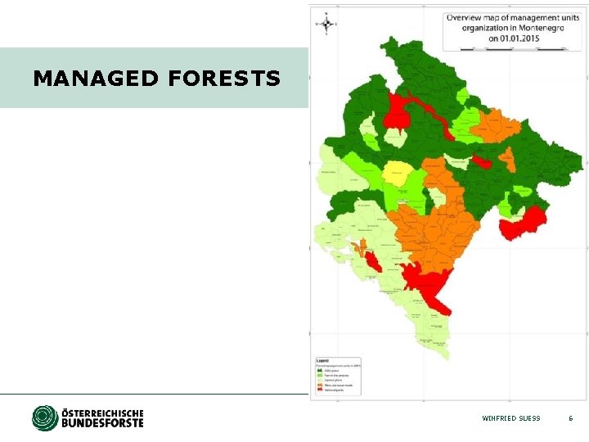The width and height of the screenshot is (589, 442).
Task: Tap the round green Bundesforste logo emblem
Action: point(45,417)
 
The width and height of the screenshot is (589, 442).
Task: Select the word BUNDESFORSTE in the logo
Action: point(102,423)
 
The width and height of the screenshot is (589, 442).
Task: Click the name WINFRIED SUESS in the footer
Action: point(511,418)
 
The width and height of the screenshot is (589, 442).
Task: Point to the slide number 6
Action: point(571,418)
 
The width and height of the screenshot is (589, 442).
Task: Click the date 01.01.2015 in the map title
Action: point(513,38)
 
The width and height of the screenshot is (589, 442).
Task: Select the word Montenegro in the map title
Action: point(539,27)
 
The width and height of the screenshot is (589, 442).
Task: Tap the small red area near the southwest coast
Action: point(372,262)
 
